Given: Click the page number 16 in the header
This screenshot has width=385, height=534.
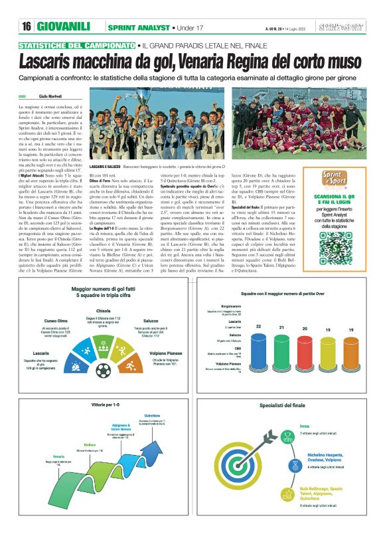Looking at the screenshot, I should click(27, 27).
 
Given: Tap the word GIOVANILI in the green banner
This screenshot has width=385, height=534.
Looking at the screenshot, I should click(64, 27).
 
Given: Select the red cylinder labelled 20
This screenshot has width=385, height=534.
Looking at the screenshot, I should click(305, 353).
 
